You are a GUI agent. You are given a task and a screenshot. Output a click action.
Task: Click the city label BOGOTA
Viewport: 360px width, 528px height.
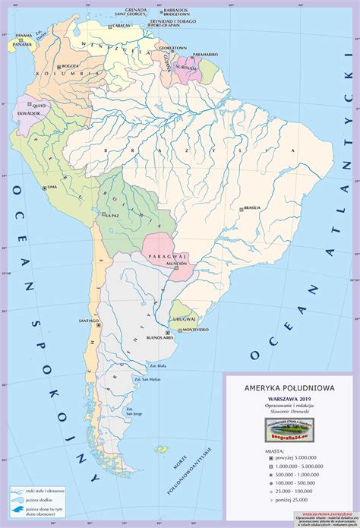73,65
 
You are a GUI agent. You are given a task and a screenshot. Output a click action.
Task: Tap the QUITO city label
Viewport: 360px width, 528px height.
40,106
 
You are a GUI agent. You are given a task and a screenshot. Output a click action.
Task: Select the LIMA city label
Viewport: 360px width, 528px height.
52,186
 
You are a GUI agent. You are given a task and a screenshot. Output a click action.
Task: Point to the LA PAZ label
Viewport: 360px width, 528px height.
113,216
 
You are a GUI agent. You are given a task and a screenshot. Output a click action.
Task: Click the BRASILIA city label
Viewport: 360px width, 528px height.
251,207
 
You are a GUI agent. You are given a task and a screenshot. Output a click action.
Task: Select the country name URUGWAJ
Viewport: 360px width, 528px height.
185,319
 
